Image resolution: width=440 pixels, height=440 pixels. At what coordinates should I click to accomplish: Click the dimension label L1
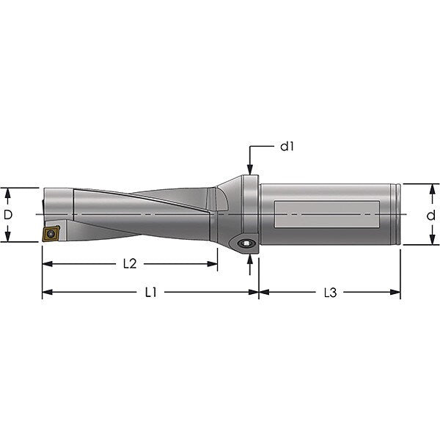150,293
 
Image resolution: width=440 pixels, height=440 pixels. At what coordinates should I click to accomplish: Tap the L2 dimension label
130,264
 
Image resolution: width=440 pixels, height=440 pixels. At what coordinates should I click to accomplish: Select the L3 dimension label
330,293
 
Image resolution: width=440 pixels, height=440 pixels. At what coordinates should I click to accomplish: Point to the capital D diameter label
8,215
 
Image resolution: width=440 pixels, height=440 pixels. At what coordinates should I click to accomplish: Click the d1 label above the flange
287,146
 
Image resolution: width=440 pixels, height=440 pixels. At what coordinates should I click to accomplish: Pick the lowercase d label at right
430,215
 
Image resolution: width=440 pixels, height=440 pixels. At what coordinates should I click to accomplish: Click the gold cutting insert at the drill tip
51,233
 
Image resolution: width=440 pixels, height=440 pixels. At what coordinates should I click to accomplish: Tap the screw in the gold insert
51,233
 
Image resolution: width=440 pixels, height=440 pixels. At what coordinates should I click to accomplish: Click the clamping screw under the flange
246,243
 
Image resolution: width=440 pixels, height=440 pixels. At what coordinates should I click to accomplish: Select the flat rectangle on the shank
327,214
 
